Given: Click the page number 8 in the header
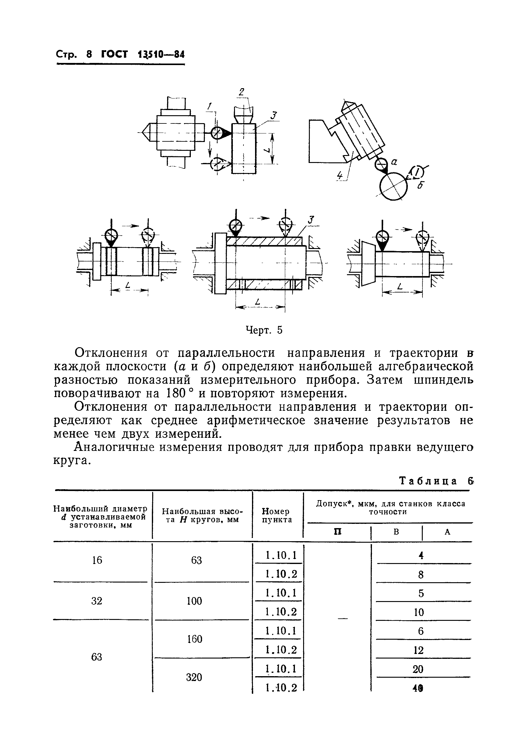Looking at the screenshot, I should (89, 54).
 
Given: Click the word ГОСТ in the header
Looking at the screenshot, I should (114, 54).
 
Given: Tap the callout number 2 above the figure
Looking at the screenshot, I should (242, 92).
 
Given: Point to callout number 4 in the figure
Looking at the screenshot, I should (340, 176).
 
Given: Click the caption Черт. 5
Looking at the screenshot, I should (264, 330).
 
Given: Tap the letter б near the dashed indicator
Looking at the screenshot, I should (420, 185).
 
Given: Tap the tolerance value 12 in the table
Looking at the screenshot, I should (418, 650).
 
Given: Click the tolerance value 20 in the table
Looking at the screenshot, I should (418, 669).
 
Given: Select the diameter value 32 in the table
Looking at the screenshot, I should (97, 601).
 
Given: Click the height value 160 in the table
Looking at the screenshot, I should (195, 639).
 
